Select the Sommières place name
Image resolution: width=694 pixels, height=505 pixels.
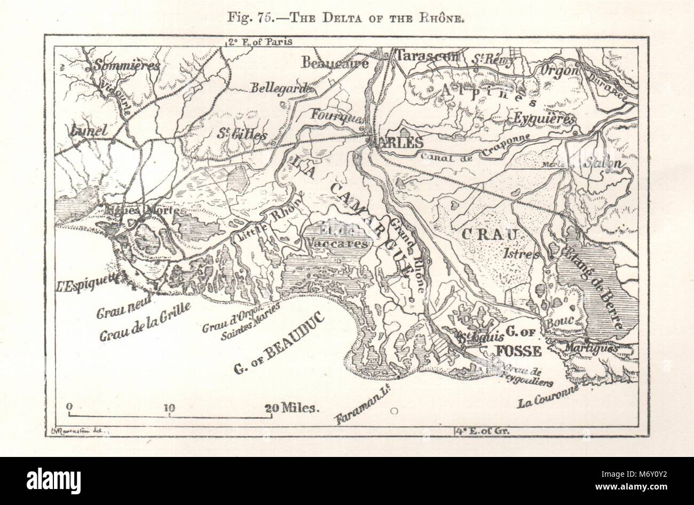point(127,66)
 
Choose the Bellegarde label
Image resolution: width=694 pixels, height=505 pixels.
point(285,88)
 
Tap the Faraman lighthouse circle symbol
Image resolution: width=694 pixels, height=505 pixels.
point(394,411)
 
